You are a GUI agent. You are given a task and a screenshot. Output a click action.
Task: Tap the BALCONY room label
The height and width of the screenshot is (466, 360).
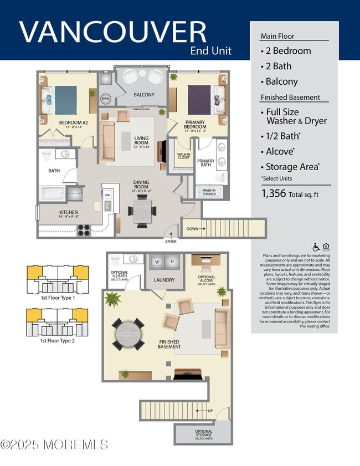pos(144,95)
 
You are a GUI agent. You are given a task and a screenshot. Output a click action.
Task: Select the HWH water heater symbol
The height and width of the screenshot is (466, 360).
pos(105,99)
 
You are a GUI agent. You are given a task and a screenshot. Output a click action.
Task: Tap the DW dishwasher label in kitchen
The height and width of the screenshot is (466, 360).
pos(107,195)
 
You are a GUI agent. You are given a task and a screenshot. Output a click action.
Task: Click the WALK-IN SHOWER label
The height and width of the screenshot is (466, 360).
pos(209,192)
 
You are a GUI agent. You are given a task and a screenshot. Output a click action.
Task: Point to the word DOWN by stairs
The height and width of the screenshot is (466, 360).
pos(191,228)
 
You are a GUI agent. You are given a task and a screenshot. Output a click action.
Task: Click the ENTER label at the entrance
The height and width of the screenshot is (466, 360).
pos(171,242)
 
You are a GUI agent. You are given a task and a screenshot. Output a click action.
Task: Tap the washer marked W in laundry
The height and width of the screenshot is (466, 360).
pos(157,261)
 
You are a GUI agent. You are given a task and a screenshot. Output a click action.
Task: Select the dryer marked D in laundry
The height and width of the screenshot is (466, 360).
pos(172,261)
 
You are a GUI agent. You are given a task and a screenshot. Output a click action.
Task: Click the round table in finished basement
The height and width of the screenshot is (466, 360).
pos(128,334)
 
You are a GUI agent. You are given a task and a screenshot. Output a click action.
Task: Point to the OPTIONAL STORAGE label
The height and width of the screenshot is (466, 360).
pos(203,434)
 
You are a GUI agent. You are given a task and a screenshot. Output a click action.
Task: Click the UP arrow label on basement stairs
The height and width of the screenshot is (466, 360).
pos(209,410)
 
